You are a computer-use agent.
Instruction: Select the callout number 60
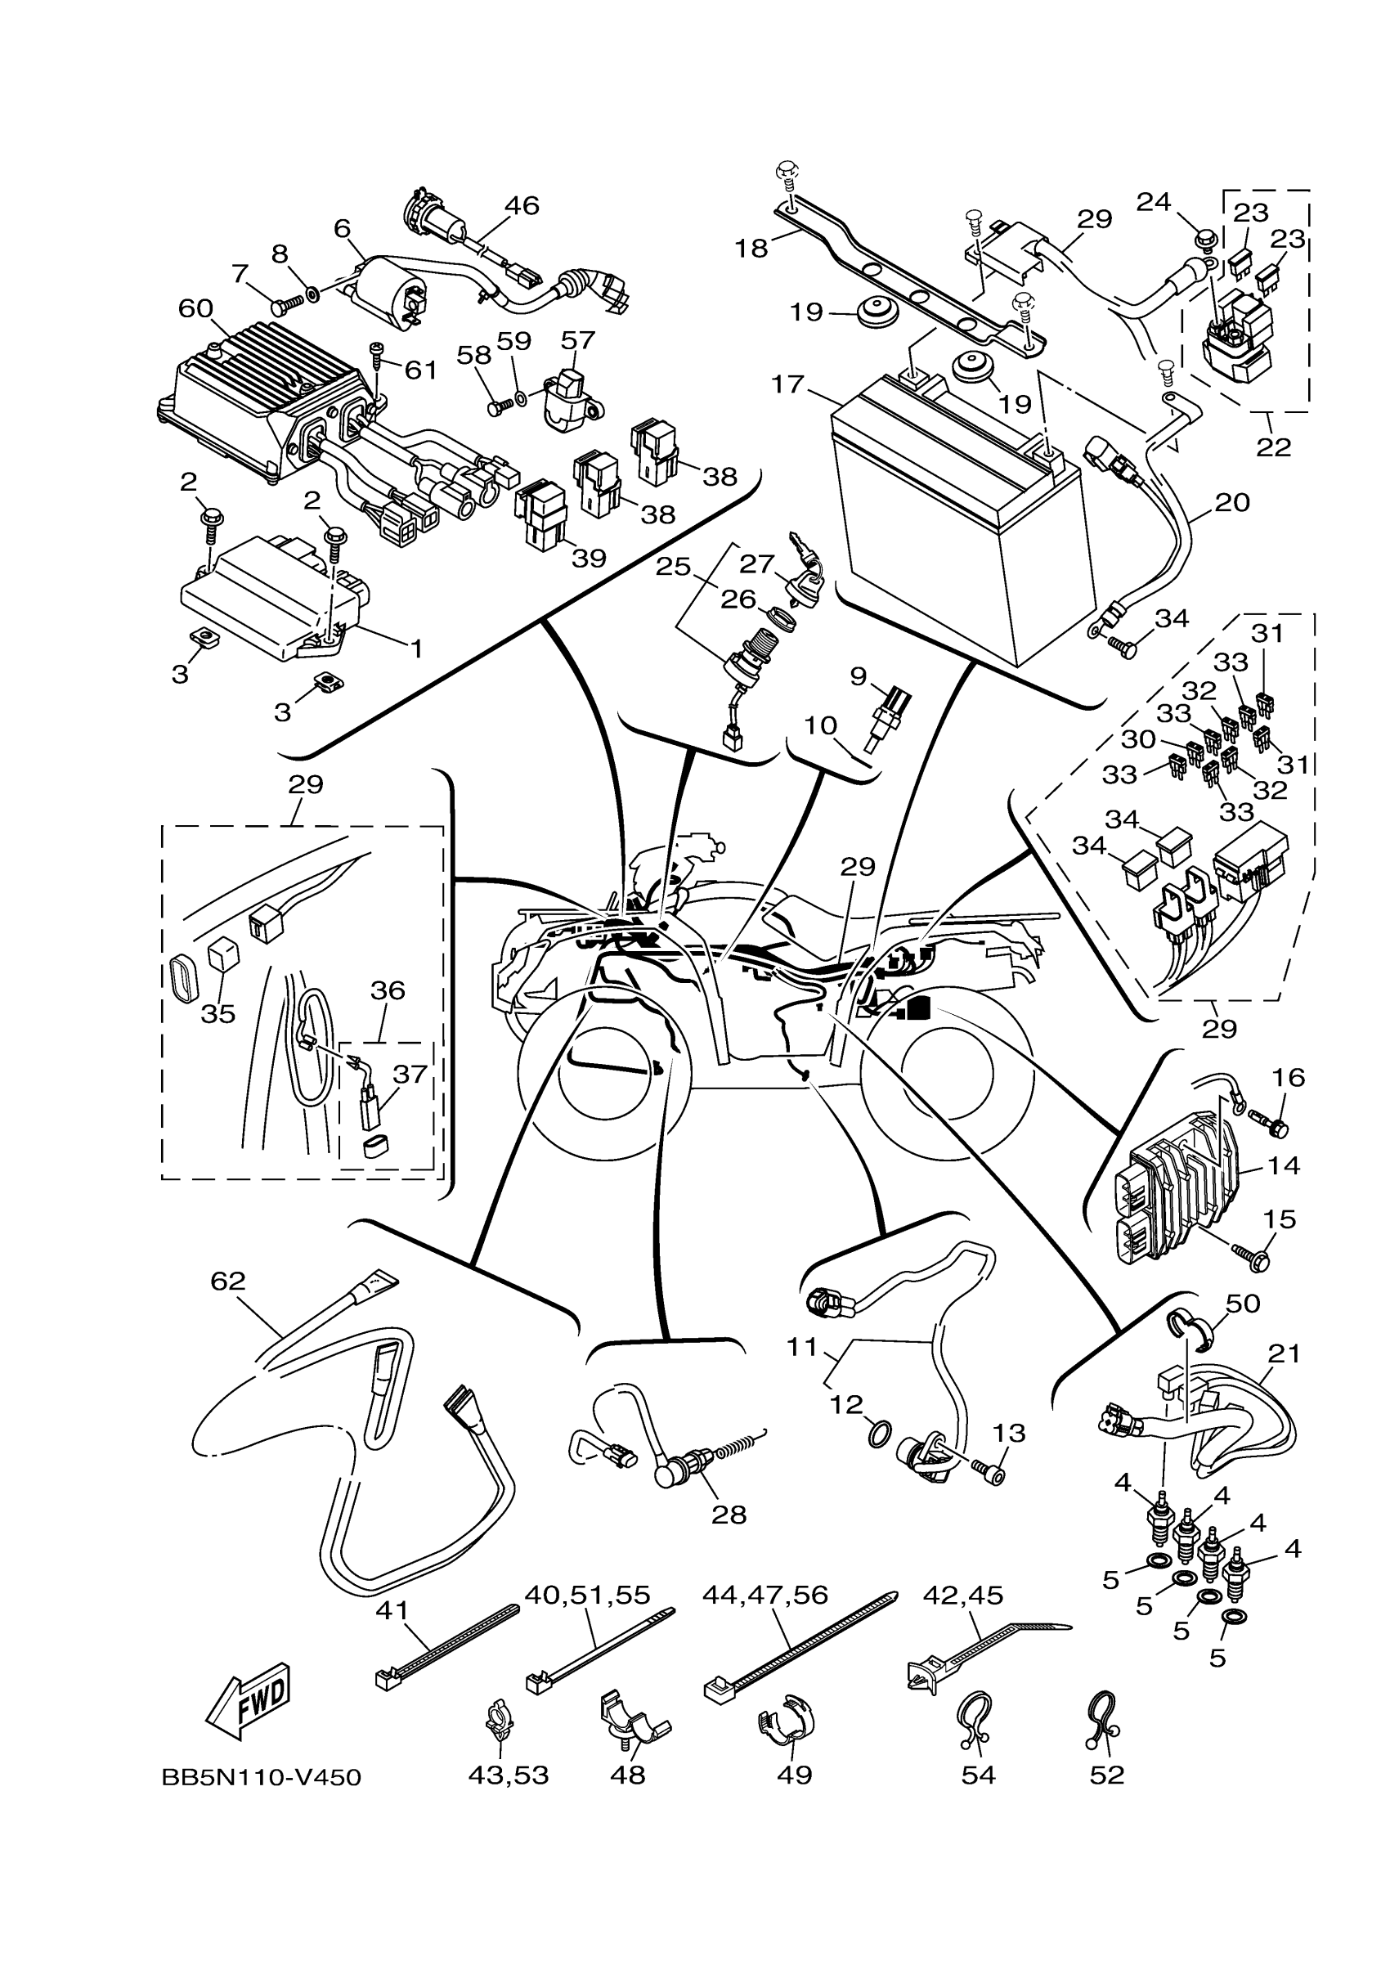195,308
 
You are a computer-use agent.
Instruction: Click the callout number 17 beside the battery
787,384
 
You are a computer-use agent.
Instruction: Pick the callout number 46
522,205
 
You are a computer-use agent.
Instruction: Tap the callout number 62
227,1305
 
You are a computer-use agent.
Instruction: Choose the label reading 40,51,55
587,1595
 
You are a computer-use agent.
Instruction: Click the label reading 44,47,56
765,1595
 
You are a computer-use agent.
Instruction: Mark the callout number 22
1274,447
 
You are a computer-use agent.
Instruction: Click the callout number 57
578,340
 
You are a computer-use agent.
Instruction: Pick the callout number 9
859,677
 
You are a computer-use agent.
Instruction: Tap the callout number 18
751,249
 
